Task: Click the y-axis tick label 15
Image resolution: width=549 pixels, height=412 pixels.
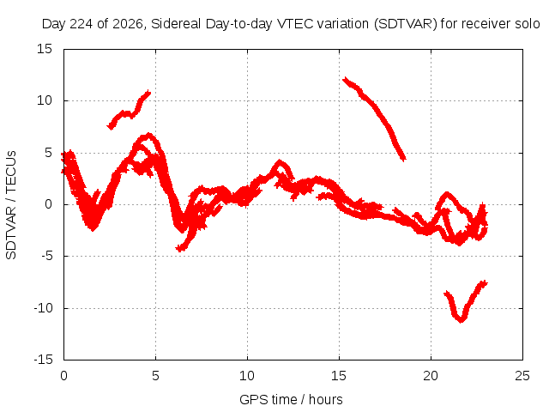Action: click(45, 49)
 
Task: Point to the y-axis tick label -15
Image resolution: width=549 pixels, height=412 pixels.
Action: click(43, 360)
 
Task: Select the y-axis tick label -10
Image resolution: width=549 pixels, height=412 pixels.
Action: click(43, 308)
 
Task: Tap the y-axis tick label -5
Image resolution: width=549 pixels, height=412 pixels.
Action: click(46, 256)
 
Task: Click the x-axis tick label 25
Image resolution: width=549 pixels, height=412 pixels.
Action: click(522, 376)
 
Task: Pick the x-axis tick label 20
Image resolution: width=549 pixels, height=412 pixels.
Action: click(431, 376)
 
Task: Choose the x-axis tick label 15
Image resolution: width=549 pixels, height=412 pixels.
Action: click(339, 376)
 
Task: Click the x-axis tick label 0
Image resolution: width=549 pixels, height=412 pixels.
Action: click(63, 376)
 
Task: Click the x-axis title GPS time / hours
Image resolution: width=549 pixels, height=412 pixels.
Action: click(291, 400)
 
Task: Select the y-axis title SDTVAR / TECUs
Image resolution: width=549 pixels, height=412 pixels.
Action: click(11, 205)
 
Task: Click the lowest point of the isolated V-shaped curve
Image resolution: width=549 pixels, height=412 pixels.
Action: click(462, 320)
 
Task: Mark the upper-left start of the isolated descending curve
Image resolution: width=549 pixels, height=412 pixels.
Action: click(345, 80)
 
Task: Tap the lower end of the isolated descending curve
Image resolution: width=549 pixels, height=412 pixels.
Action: click(404, 159)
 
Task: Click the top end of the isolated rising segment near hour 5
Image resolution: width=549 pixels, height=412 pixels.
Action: click(148, 93)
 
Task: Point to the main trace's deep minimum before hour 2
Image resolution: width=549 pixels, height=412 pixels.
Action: click(93, 228)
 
